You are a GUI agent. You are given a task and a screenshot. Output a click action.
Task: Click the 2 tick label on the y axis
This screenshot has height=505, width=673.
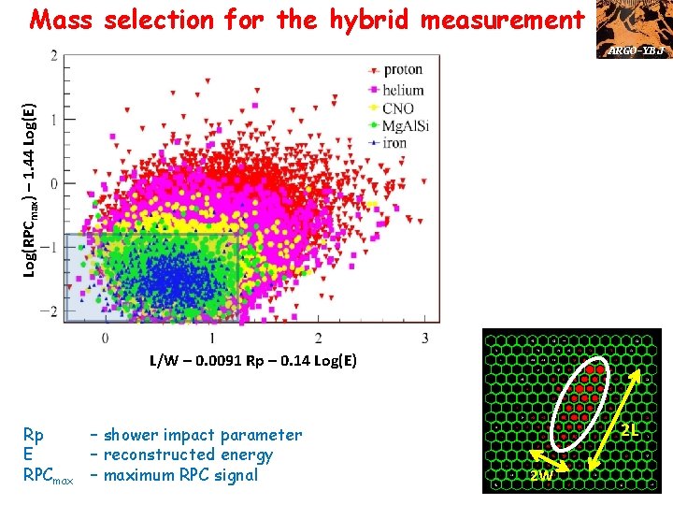click(53, 58)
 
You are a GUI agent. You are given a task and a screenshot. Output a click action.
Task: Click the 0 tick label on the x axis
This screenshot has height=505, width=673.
click(105, 337)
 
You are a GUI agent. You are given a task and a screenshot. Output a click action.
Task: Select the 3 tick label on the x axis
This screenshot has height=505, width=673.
click(425, 337)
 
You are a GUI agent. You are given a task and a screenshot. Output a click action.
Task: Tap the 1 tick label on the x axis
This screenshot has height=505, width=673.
click(212, 337)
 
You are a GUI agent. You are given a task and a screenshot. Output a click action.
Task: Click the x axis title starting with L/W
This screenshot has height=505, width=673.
click(252, 361)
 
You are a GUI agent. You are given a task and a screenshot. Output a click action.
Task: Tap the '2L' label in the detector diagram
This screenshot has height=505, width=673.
click(631, 431)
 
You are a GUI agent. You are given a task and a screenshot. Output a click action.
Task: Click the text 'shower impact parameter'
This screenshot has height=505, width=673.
click(203, 435)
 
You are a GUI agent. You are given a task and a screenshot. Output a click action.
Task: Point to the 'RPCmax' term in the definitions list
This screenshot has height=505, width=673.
click(48, 476)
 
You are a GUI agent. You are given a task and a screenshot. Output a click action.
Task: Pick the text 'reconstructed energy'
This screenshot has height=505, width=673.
click(188, 455)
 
